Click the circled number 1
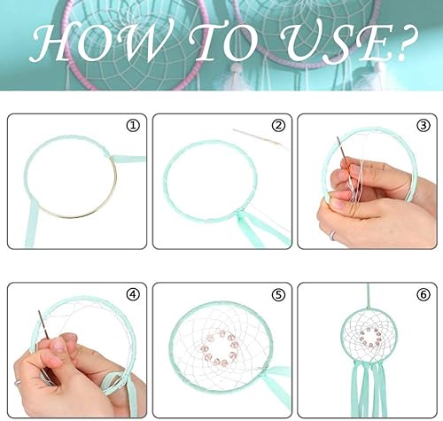click(x=133, y=126)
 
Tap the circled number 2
click(x=278, y=126)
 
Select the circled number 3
click(x=424, y=126)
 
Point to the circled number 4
click(x=133, y=294)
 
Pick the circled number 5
click(x=278, y=295)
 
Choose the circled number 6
click(x=424, y=295)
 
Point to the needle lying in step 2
click(x=256, y=136)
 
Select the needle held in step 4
click(x=43, y=324)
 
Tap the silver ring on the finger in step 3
click(x=333, y=236)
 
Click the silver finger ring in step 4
click(x=17, y=383)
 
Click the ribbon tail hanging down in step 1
click(x=32, y=224)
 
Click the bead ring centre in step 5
click(x=220, y=348)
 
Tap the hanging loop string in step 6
click(x=368, y=296)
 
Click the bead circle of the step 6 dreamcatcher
click(x=369, y=337)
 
